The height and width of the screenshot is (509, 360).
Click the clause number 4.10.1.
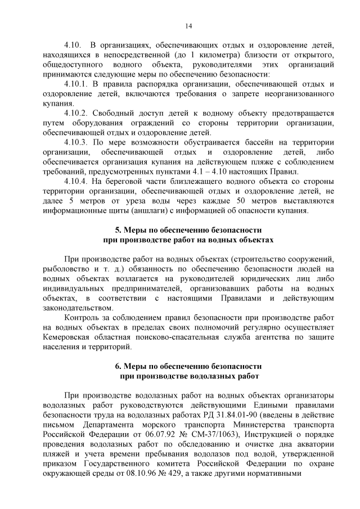[x=78, y=84]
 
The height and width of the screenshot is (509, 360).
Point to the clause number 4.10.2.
[x=78, y=113]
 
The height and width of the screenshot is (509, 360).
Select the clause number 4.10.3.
[x=78, y=142]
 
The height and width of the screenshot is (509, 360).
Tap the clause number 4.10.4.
[x=78, y=182]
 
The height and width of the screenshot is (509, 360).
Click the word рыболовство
[x=67, y=269]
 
